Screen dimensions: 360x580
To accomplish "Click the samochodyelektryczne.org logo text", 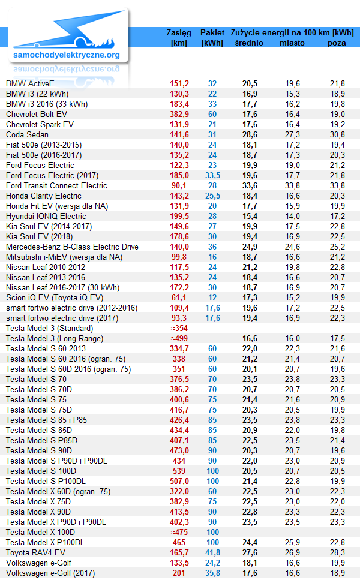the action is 66,55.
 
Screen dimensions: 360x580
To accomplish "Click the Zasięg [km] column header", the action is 179,37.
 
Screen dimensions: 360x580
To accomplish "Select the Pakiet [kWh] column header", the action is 212,37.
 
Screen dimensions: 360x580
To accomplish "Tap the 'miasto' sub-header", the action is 292,43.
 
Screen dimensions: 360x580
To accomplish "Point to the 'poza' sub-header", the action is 337,43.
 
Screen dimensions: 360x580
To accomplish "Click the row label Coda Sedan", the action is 27,134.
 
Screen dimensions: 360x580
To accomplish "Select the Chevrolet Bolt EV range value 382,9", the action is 179,115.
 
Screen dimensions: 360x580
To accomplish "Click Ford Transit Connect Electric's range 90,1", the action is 179,186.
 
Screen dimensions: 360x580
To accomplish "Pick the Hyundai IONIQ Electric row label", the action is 46,217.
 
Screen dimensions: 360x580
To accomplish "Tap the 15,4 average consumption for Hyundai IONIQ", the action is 250,217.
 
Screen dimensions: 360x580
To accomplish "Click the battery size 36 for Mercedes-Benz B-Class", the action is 212,247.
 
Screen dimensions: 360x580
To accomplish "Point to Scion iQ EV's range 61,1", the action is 179,297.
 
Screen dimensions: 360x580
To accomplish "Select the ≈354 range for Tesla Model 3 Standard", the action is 179,329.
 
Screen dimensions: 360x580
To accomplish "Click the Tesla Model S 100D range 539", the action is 179,471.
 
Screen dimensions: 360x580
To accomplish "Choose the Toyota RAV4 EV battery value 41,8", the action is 213,552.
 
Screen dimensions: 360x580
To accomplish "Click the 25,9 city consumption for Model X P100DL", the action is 292,543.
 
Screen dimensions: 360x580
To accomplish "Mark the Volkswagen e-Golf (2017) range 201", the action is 179,573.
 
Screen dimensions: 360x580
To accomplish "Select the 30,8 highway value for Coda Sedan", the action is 337,134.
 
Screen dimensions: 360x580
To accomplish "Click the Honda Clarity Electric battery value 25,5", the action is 213,196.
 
